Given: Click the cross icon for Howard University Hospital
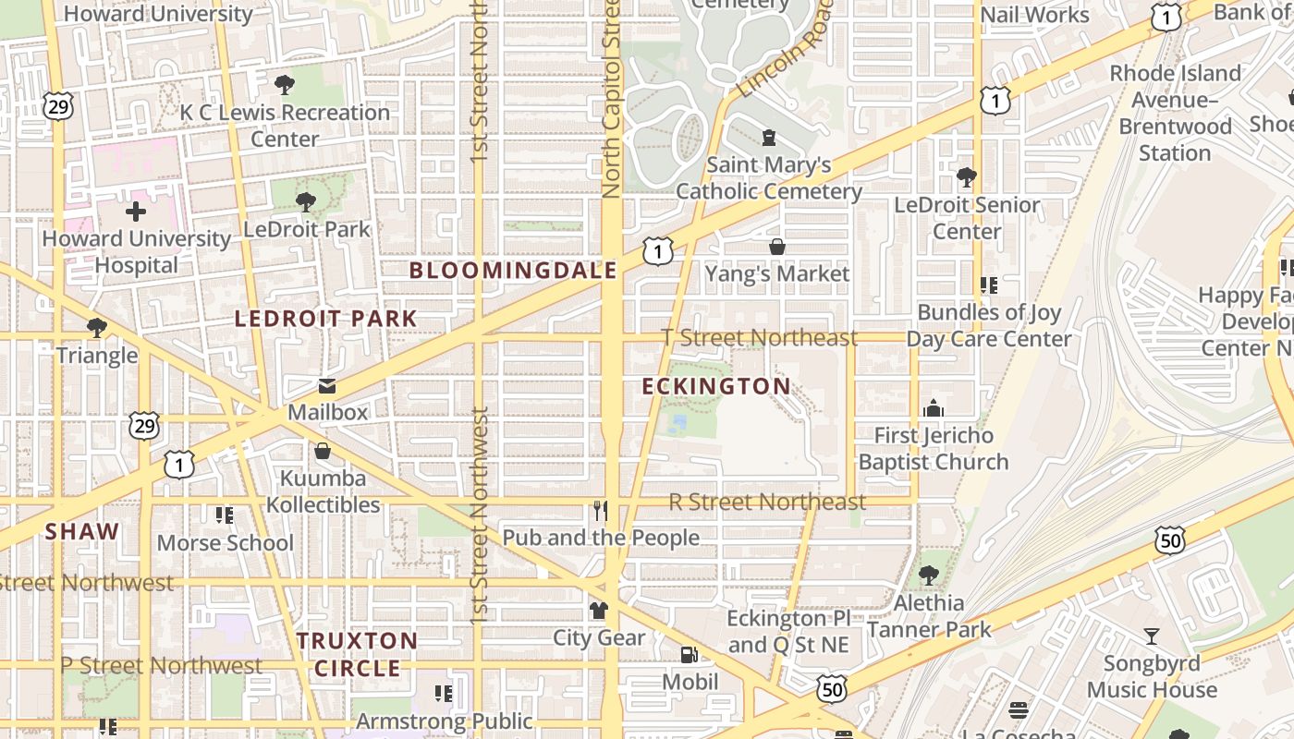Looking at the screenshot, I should pyautogui.click(x=136, y=212).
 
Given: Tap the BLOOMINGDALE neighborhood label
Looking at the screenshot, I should pyautogui.click(x=513, y=271).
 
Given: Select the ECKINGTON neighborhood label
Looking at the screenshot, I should pyautogui.click(x=716, y=386).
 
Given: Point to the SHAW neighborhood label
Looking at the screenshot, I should pyautogui.click(x=82, y=531).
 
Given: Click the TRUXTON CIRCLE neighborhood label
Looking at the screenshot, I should pyautogui.click(x=358, y=654).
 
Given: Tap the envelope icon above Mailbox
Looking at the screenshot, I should pyautogui.click(x=327, y=386).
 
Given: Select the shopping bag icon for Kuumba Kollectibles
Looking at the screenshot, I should pyautogui.click(x=323, y=451).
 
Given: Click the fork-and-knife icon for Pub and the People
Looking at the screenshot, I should pyautogui.click(x=601, y=510).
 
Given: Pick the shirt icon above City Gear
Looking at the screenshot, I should pyautogui.click(x=599, y=611).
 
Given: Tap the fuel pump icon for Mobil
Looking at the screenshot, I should pyautogui.click(x=690, y=655).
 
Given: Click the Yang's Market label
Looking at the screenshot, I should pyautogui.click(x=776, y=274).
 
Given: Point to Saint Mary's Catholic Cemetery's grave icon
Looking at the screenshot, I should pyautogui.click(x=769, y=139).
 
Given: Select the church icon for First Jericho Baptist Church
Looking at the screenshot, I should pyautogui.click(x=934, y=408).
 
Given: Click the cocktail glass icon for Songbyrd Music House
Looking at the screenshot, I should pyautogui.click(x=1152, y=636).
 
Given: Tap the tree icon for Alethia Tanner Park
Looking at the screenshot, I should pyautogui.click(x=929, y=575).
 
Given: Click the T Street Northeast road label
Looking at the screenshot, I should pyautogui.click(x=761, y=338).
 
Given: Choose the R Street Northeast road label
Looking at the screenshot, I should pyautogui.click(x=767, y=503).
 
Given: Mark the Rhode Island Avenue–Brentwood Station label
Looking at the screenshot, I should pyautogui.click(x=1175, y=113).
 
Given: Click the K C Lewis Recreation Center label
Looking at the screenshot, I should pyautogui.click(x=285, y=126).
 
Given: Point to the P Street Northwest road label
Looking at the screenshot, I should pyautogui.click(x=162, y=666).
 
